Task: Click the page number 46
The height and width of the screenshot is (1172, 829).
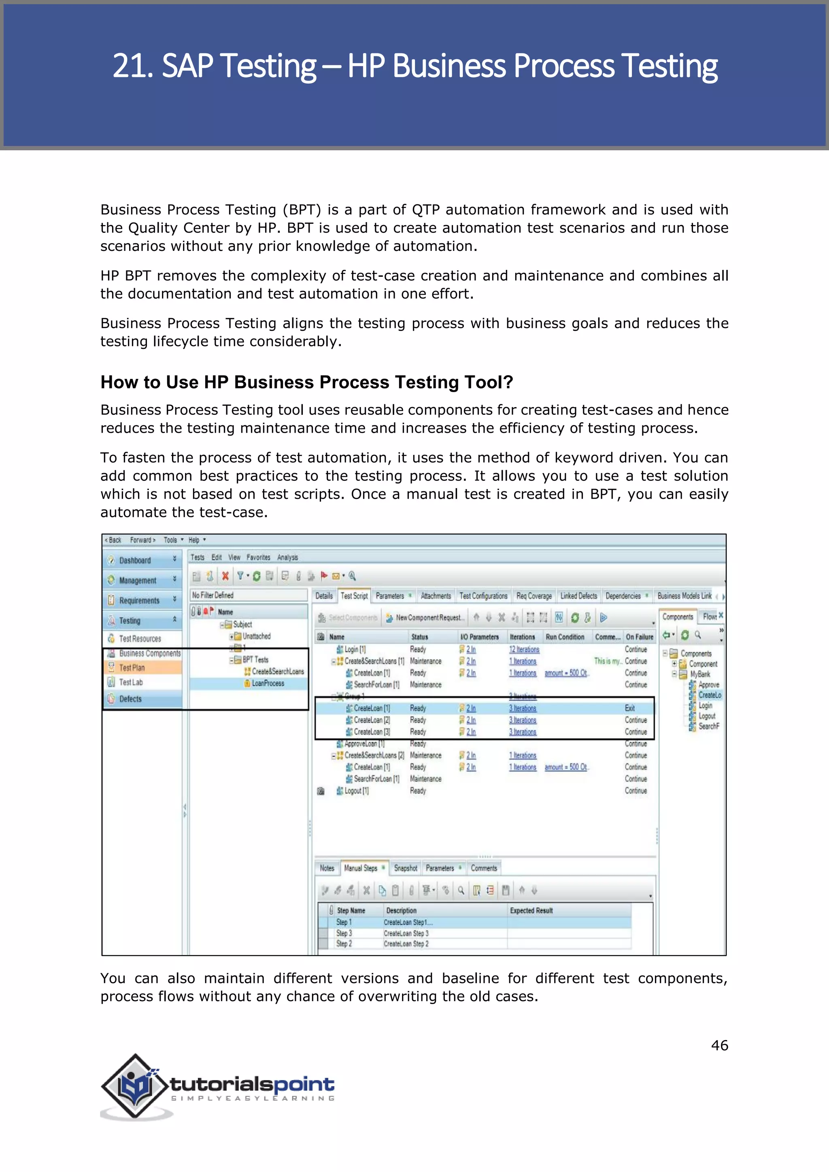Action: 719,1045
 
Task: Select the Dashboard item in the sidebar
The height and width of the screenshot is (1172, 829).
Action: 135,561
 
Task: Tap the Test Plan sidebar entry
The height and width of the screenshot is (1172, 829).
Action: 132,668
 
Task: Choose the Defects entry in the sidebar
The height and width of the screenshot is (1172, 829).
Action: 130,699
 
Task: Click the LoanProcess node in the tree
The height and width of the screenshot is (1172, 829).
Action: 268,684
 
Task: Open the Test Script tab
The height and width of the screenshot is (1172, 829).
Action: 354,596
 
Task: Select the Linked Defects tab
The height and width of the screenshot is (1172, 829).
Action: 578,596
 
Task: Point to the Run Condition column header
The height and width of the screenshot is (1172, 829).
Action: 565,637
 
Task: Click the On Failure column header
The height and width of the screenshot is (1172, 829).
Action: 639,637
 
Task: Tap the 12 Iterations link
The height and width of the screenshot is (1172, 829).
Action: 524,649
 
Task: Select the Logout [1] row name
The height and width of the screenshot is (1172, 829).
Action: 356,791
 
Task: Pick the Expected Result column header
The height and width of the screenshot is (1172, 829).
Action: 531,911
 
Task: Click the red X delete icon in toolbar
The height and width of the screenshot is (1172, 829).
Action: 225,576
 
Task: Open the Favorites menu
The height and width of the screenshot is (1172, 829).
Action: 258,557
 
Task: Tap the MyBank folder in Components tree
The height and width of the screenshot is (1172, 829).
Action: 700,674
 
